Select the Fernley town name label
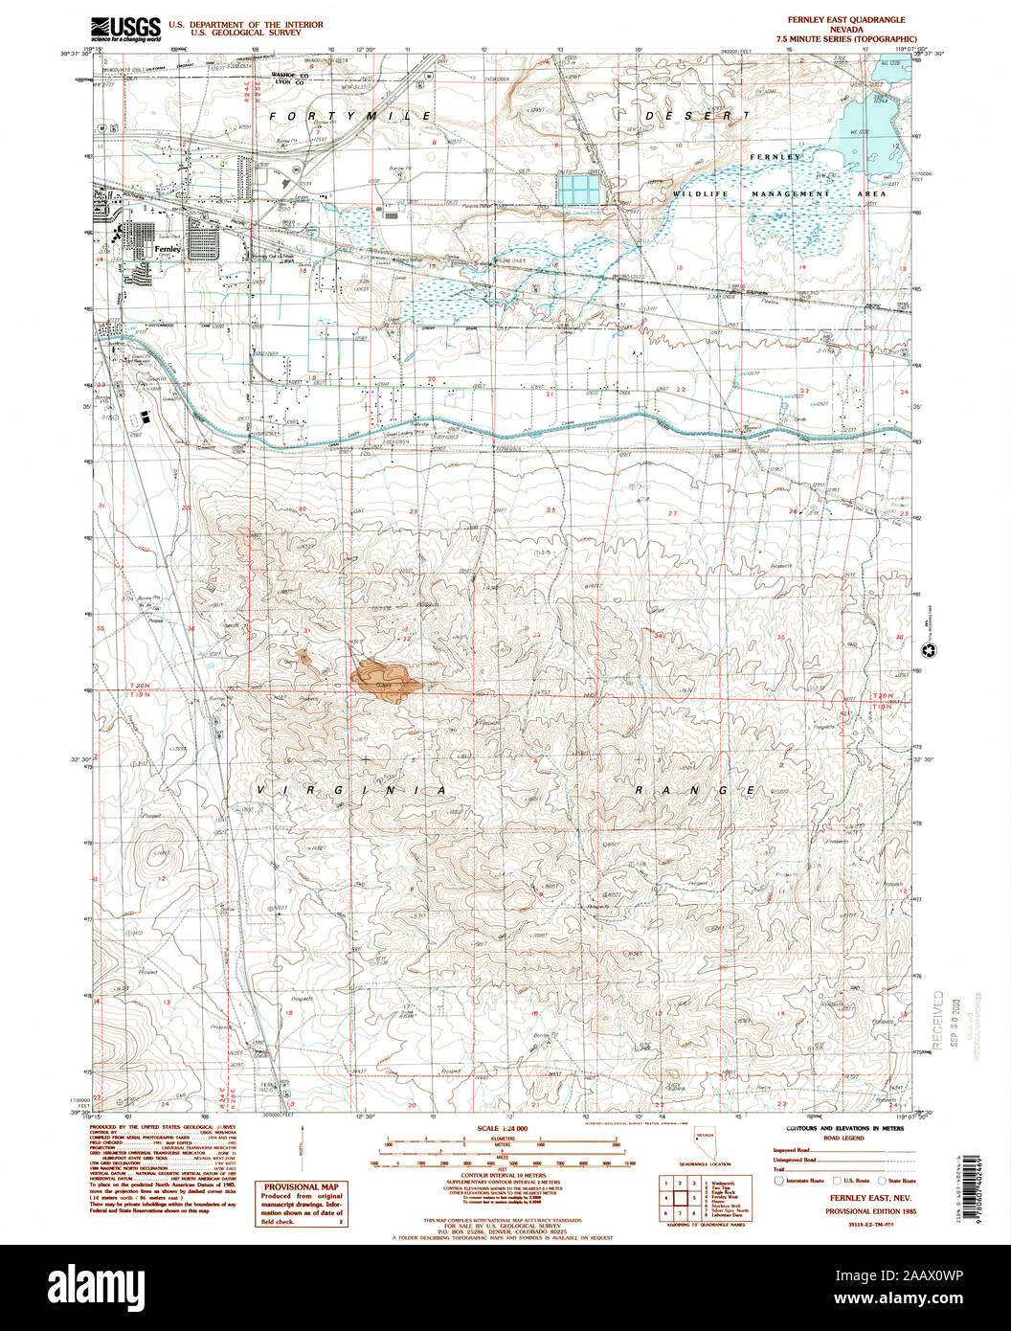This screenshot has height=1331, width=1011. (x=168, y=248)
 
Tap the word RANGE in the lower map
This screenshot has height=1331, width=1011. (x=698, y=791)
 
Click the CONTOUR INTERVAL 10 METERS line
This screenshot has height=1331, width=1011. (x=503, y=1175)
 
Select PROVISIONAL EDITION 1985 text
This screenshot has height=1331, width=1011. (x=841, y=1210)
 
